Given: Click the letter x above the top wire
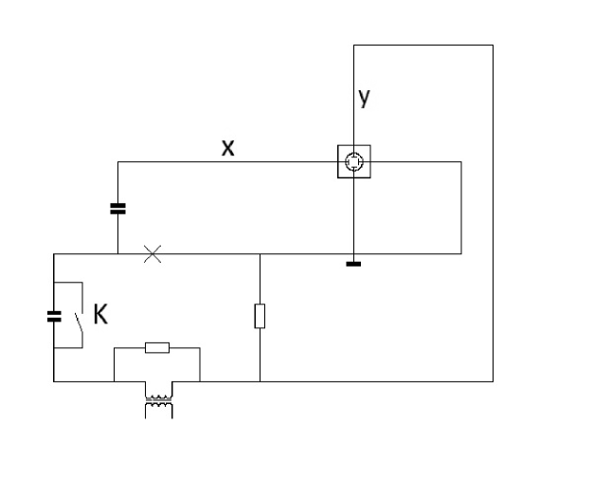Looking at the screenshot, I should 227,147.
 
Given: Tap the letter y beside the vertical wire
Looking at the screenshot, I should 364,96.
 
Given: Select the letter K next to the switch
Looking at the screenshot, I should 99,315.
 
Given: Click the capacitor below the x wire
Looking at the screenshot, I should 117,208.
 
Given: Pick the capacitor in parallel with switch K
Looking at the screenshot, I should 54,316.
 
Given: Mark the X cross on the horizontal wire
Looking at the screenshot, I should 151,253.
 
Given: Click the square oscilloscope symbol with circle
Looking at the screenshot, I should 353,162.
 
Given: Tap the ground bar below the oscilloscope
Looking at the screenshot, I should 353,263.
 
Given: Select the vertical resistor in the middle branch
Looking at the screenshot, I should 260,316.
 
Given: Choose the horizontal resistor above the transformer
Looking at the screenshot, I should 157,348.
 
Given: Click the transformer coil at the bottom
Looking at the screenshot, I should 157,406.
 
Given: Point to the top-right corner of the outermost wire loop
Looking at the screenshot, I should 493,45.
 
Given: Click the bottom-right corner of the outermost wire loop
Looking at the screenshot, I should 493,380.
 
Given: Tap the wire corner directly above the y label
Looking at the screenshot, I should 353,45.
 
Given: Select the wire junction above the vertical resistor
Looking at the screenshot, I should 260,253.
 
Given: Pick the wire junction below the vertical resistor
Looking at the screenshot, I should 260,380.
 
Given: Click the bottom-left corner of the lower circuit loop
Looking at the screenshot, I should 54,380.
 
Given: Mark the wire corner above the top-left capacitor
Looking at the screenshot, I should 117,162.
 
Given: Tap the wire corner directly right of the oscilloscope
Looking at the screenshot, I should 461,162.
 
